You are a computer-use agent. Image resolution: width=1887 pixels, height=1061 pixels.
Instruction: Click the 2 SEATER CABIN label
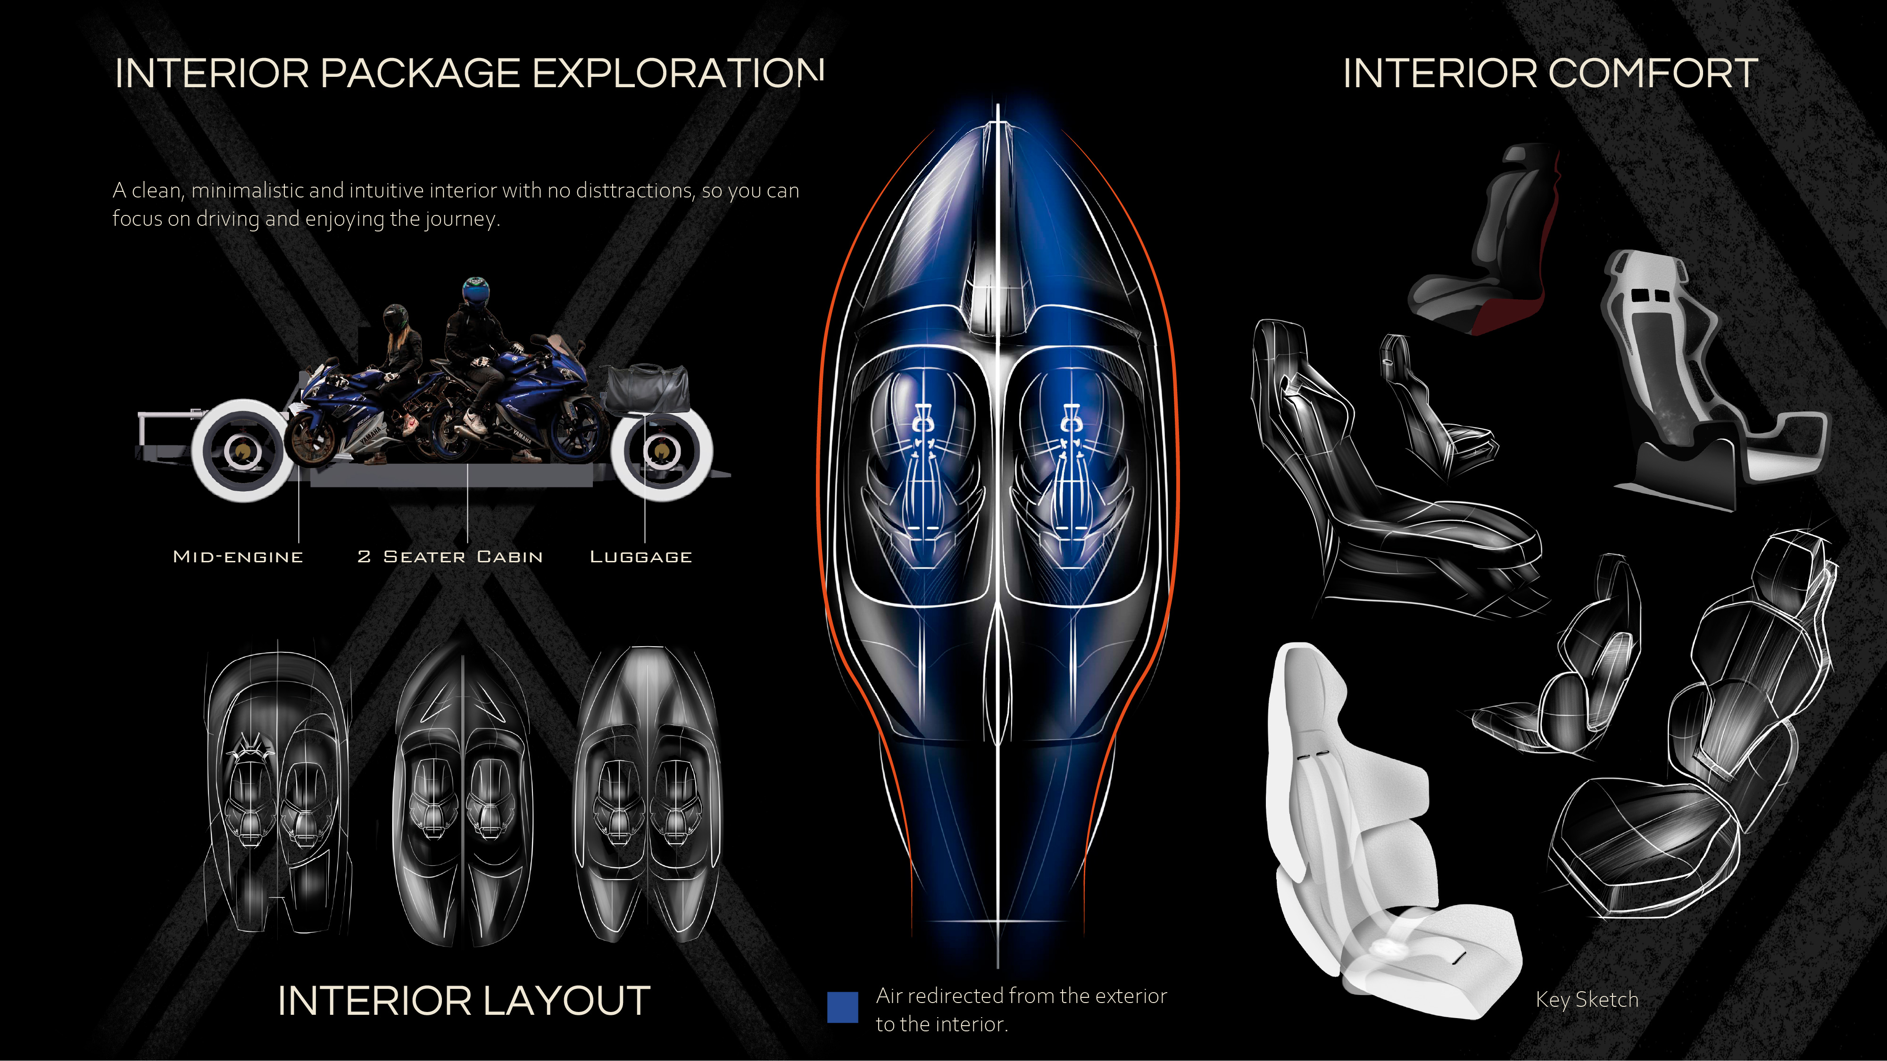[450, 557]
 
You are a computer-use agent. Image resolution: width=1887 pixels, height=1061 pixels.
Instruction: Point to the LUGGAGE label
[641, 557]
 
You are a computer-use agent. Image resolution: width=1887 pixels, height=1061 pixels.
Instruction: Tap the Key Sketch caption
[1587, 1000]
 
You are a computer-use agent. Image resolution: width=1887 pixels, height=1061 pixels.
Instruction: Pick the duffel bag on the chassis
[646, 388]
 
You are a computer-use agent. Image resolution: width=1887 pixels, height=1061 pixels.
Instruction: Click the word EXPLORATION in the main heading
[678, 74]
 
